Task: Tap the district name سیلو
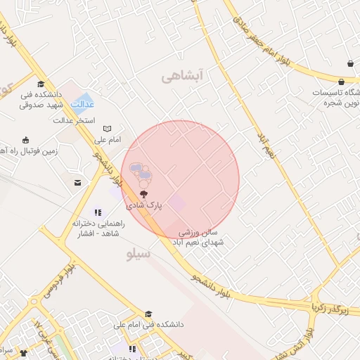tap(138, 255)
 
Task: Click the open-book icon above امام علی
tap(107, 129)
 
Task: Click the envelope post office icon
tap(77, 183)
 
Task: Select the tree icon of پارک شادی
tap(143, 193)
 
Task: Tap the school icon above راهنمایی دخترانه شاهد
tap(98, 212)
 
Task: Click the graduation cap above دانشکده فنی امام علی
tap(148, 314)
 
